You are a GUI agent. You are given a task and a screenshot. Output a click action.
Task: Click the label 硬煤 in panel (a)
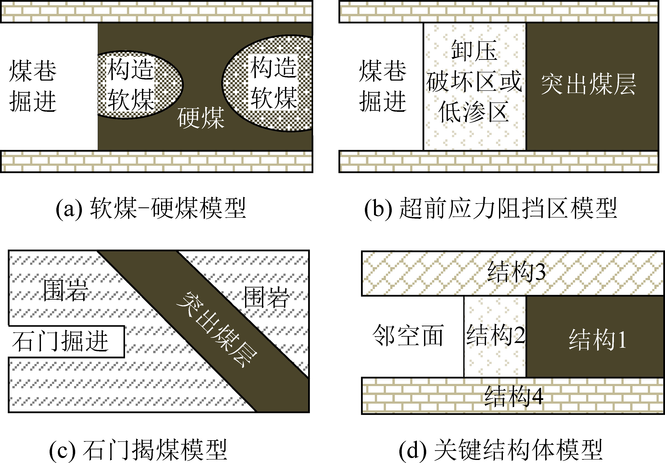[x=201, y=118]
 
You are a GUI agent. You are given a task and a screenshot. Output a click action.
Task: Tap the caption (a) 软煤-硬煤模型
[x=151, y=208]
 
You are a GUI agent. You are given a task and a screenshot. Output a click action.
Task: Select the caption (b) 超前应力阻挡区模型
[x=491, y=208]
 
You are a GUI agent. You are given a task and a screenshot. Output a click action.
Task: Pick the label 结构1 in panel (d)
[x=597, y=340]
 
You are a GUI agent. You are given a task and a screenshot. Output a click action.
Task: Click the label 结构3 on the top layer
[x=516, y=272]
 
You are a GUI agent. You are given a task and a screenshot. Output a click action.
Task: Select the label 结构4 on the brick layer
[x=514, y=396]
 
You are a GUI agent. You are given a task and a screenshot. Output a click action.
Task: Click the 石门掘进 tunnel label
[x=60, y=341]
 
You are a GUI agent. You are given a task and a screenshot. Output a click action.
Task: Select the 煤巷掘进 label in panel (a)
[x=33, y=86]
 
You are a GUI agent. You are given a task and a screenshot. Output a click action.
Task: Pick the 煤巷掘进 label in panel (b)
[x=383, y=86]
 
